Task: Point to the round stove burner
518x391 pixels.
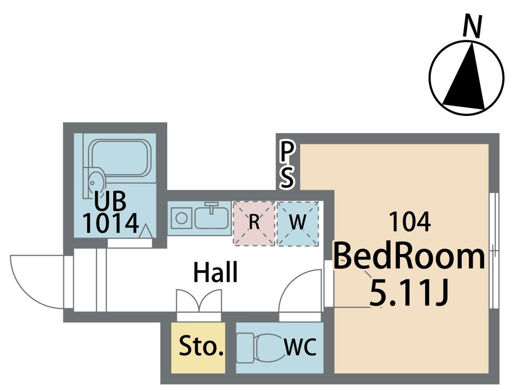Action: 181,218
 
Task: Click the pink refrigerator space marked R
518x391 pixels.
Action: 254,223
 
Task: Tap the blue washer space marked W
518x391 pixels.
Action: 298,223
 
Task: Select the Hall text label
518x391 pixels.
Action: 215,272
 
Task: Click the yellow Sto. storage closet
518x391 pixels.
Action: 198,348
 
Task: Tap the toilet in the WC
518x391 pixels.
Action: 261,348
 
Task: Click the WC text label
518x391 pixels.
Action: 301,347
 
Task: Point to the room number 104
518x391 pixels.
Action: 410,222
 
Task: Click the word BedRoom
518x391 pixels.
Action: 410,257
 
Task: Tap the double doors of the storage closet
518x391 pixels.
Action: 199,300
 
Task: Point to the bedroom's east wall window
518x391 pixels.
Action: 494,250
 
